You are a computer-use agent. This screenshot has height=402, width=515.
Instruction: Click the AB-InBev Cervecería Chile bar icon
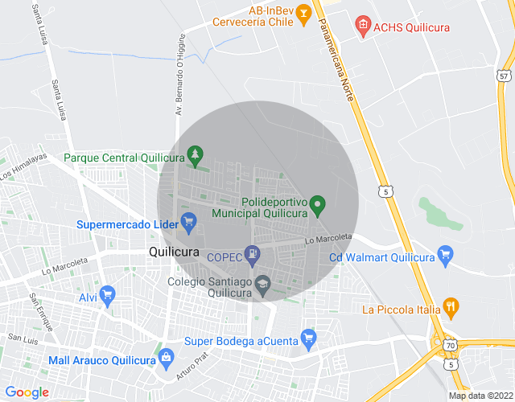303,12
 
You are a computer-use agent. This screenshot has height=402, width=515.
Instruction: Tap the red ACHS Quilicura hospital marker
362,26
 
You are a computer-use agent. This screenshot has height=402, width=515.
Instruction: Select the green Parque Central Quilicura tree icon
194,153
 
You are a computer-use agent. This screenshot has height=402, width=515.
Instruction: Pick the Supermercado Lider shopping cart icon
188,222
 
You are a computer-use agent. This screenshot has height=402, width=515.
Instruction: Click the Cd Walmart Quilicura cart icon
447,256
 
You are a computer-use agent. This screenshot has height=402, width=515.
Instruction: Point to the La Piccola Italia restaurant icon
451,306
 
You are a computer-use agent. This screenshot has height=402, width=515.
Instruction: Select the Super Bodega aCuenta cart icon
307,338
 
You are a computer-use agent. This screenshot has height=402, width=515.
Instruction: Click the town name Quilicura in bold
175,252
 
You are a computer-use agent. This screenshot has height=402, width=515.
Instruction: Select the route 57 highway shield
505,76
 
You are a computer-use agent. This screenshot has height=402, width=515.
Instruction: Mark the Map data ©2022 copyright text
480,396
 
